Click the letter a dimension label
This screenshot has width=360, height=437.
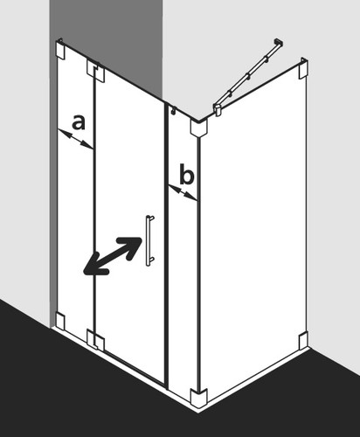(79, 122)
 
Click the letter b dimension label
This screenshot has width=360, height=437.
(187, 174)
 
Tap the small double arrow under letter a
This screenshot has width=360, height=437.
(76, 139)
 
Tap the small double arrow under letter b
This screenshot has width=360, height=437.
(183, 193)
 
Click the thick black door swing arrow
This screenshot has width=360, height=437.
(113, 256)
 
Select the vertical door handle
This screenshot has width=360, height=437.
(149, 240)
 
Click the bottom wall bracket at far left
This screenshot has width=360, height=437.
(60, 322)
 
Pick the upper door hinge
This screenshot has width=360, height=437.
(95, 71)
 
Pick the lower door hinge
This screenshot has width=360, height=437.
(95, 340)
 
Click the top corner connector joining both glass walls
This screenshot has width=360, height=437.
(198, 127)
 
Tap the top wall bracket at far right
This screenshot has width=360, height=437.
(303, 68)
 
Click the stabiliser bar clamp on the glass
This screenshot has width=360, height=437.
(218, 110)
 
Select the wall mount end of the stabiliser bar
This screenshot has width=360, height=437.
(279, 43)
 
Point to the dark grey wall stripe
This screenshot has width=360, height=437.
(107, 44)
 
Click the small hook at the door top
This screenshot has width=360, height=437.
(174, 110)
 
